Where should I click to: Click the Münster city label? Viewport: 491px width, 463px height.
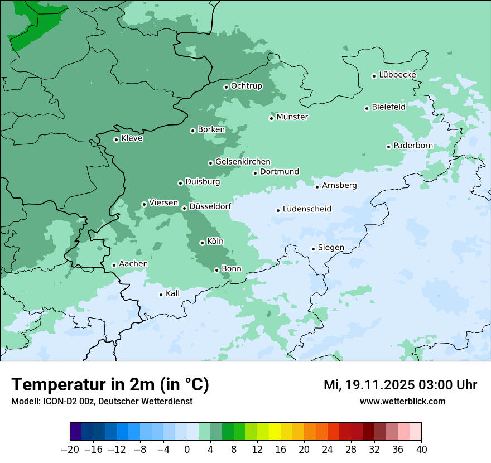(x=292, y=117)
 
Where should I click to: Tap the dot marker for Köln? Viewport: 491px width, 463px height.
(x=202, y=243)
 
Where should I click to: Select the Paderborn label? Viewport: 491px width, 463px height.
(x=413, y=146)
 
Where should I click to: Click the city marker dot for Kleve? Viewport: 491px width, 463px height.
(x=116, y=139)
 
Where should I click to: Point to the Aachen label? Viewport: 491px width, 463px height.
(x=133, y=264)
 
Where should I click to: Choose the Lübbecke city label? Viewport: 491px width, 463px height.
(x=397, y=75)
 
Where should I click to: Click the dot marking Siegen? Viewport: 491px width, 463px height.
(x=313, y=249)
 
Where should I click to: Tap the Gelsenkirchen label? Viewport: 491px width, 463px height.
(x=243, y=162)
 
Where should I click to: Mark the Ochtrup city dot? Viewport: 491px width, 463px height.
(x=226, y=87)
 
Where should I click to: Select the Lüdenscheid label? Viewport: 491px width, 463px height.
(x=307, y=209)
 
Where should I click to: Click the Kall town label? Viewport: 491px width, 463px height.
(x=173, y=293)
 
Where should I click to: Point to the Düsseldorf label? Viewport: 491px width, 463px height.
(x=210, y=206)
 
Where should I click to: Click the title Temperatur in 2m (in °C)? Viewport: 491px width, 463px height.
(x=110, y=385)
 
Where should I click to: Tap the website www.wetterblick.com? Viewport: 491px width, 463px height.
(x=403, y=402)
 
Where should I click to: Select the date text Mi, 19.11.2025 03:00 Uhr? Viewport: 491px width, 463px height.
(x=400, y=385)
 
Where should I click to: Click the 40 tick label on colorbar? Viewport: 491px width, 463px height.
(x=421, y=450)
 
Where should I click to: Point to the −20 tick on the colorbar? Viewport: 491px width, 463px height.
(x=70, y=450)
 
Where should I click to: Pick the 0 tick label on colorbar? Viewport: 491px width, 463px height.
(x=187, y=450)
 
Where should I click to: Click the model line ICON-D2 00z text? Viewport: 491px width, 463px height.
(x=102, y=402)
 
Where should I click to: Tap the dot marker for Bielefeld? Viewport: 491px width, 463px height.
(x=367, y=108)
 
